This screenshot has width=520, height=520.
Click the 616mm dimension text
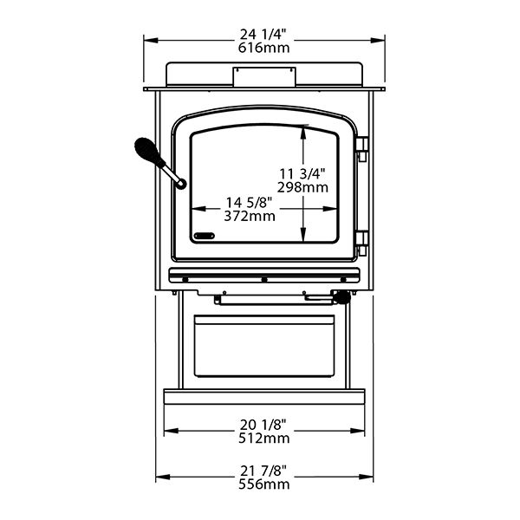264,48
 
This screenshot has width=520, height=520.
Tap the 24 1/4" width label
263,34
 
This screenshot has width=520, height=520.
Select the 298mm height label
302,188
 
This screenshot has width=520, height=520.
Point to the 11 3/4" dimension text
302,173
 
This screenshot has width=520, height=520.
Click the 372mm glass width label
250,216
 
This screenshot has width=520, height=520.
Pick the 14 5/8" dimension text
249,202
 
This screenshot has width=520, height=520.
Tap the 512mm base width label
264,439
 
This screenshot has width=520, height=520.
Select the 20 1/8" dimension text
263,425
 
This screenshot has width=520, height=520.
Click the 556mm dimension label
264,484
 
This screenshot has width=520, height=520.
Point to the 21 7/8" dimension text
263,471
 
